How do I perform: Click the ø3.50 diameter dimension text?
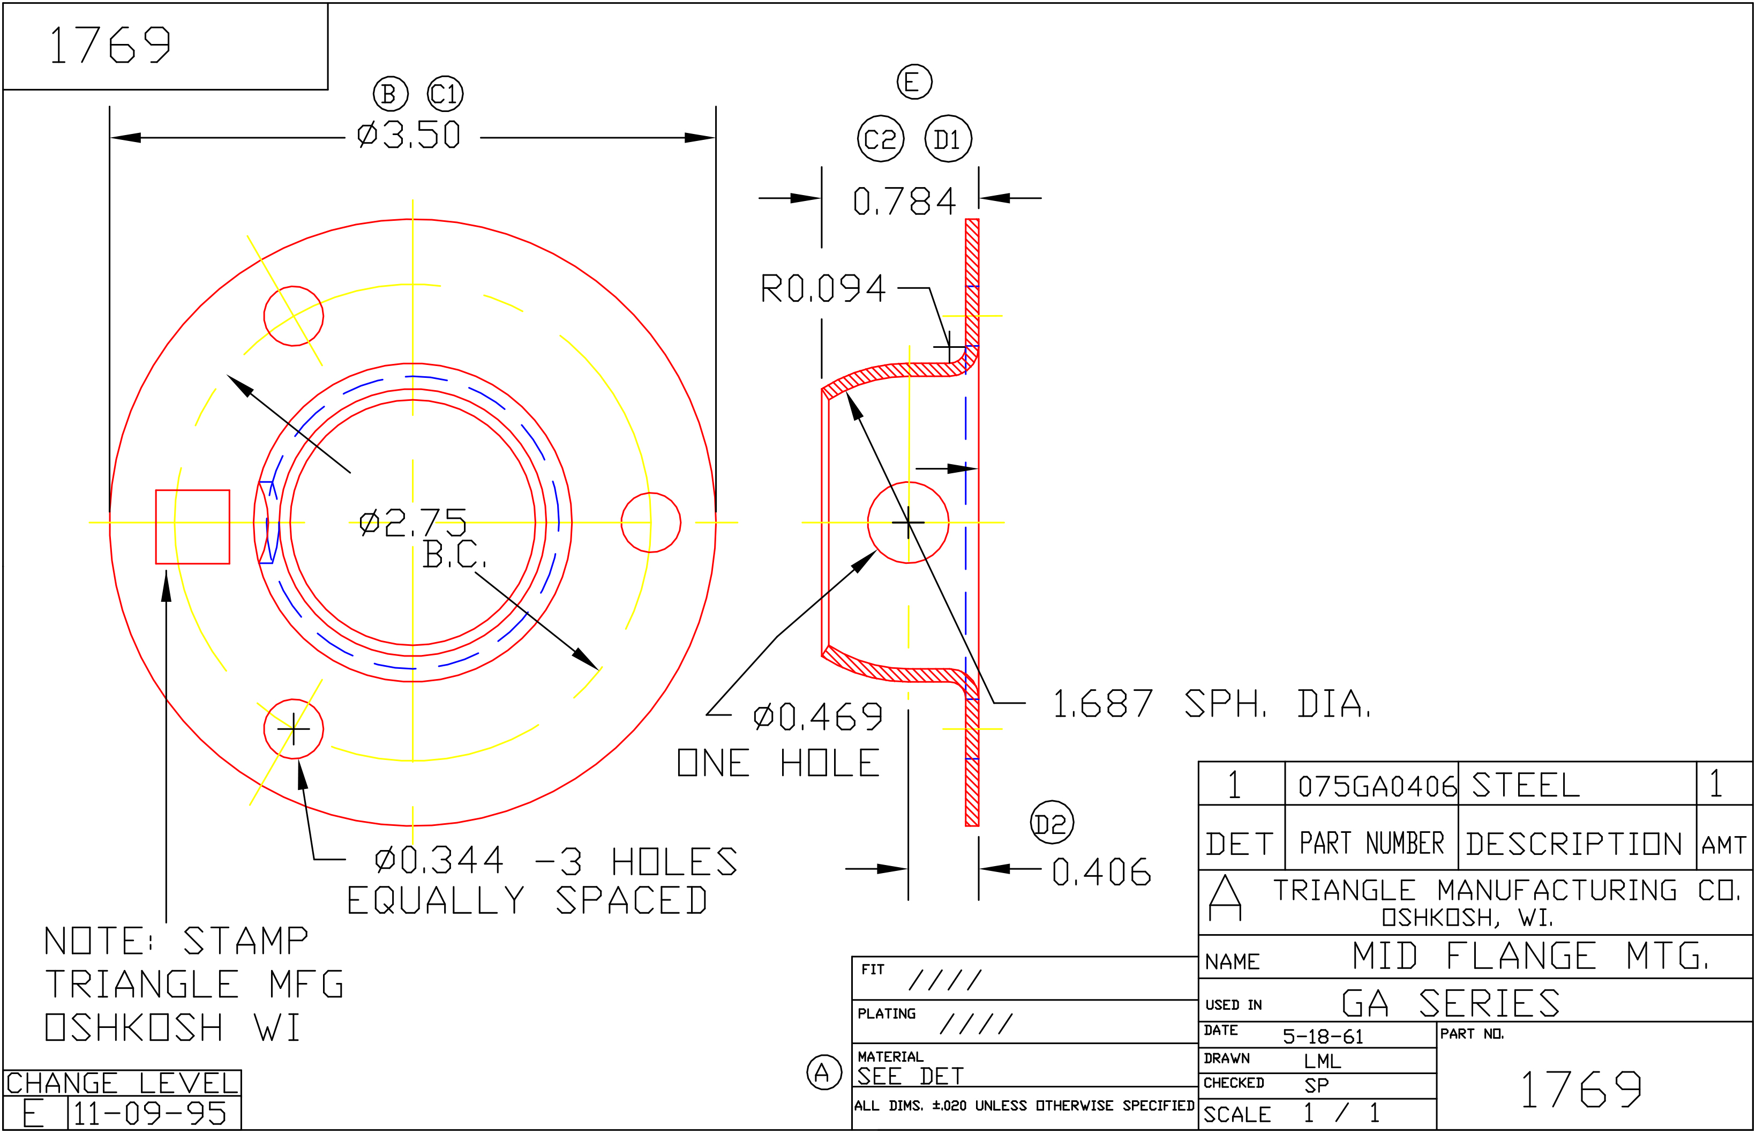pos(409,136)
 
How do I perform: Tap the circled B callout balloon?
pos(390,94)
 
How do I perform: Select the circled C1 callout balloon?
pos(445,94)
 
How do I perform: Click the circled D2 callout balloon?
pos(1052,823)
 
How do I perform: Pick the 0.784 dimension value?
pos(904,201)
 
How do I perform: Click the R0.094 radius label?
pos(823,288)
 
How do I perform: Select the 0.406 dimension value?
pos(1101,873)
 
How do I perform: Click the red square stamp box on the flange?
pos(193,527)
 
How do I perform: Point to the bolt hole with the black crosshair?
pos(294,728)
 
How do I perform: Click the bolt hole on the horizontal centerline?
pos(651,523)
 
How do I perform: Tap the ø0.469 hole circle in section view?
pos(908,523)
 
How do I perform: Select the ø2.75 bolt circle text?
pos(413,523)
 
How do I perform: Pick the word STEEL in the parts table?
pos(1526,785)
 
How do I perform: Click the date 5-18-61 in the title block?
pos(1323,1036)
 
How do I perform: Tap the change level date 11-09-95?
pos(150,1114)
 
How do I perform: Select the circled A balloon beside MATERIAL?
pos(823,1072)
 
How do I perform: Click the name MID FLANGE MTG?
pos(1529,957)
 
